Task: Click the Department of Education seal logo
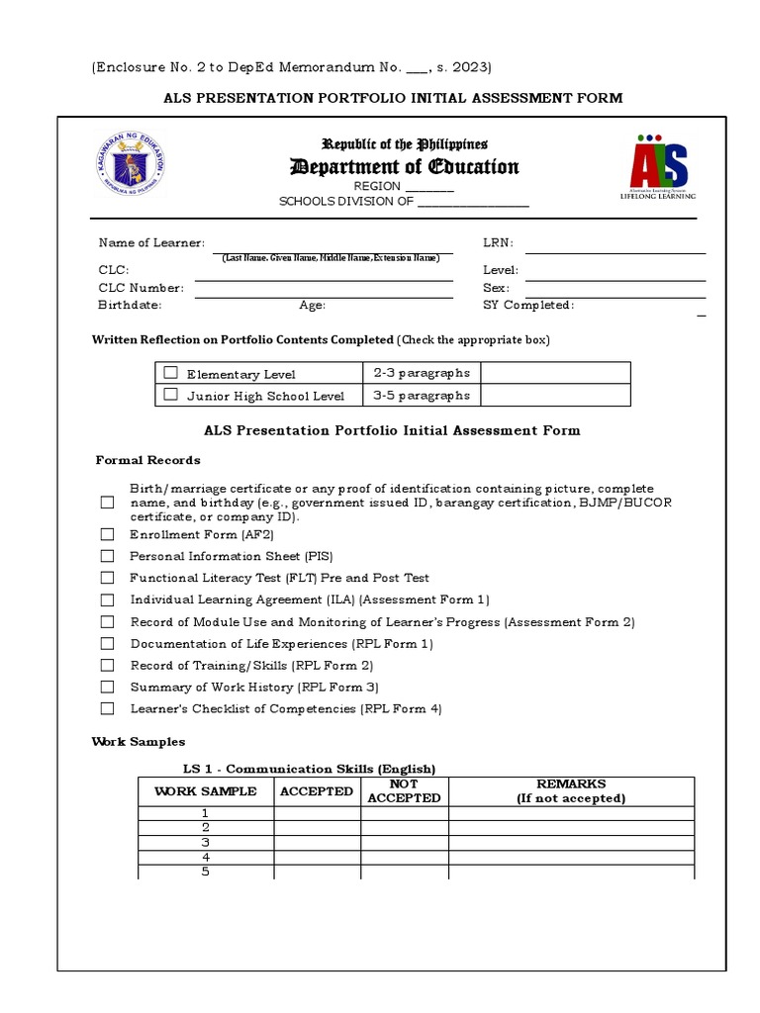(x=135, y=165)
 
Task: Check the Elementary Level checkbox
(x=171, y=373)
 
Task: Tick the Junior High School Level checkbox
(x=171, y=395)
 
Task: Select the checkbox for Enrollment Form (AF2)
(x=107, y=534)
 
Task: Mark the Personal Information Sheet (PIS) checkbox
(x=107, y=556)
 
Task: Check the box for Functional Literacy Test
(x=107, y=578)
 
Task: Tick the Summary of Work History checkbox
(x=107, y=687)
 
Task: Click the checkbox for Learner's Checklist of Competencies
(x=107, y=708)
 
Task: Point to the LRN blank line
(x=615, y=251)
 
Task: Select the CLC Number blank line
(x=324, y=295)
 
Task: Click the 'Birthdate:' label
(x=129, y=306)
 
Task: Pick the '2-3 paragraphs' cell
(x=422, y=373)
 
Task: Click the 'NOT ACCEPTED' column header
(x=404, y=790)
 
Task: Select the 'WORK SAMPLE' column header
(x=206, y=791)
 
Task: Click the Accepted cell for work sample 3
(x=317, y=843)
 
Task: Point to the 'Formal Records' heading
(x=147, y=460)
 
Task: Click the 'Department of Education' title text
(x=404, y=166)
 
